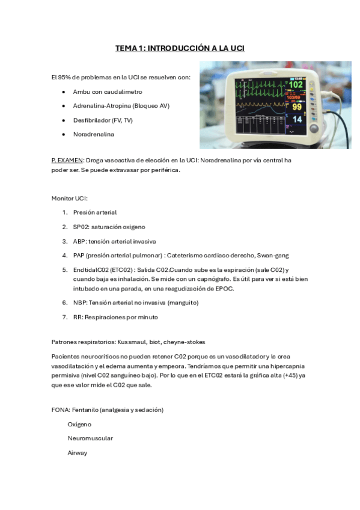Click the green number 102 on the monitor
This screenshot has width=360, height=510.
click(296, 85)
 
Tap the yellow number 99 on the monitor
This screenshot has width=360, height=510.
click(297, 106)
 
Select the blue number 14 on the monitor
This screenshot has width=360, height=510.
click(297, 120)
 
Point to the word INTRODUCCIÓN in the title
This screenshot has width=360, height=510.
click(180, 48)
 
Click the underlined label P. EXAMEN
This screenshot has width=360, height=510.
click(68, 161)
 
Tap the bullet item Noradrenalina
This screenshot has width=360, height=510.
click(93, 134)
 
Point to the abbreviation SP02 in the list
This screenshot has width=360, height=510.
click(81, 227)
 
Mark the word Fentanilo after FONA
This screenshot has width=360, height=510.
click(87, 410)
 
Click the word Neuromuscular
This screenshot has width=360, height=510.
click(90, 438)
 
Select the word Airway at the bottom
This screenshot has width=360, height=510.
click(78, 453)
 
